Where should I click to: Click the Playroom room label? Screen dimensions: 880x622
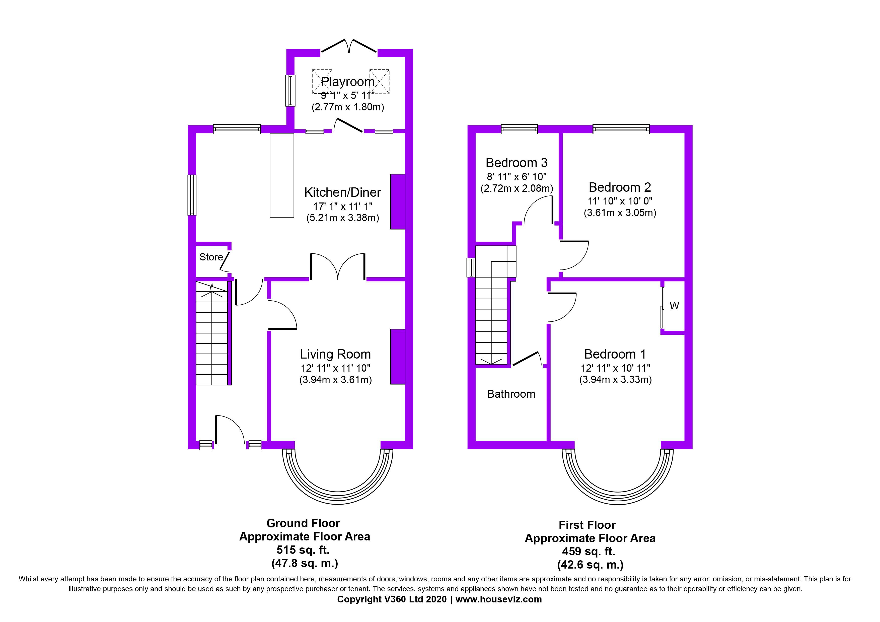pos(348,82)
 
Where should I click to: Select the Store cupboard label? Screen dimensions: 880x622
pos(211,257)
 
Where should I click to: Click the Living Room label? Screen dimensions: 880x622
pos(335,354)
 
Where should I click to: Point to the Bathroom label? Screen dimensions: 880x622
pos(511,394)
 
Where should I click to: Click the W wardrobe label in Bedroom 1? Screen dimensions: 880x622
pos(674,306)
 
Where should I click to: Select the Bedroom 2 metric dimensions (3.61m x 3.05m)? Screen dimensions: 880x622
pos(620,213)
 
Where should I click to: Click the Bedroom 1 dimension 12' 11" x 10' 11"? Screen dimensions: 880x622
pos(616,368)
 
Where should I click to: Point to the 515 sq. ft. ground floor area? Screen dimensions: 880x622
pos(303,550)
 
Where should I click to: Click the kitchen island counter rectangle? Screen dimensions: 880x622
pos(282,176)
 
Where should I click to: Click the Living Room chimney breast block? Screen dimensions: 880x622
pos(398,356)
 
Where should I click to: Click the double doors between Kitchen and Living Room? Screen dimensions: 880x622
pos(338,267)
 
